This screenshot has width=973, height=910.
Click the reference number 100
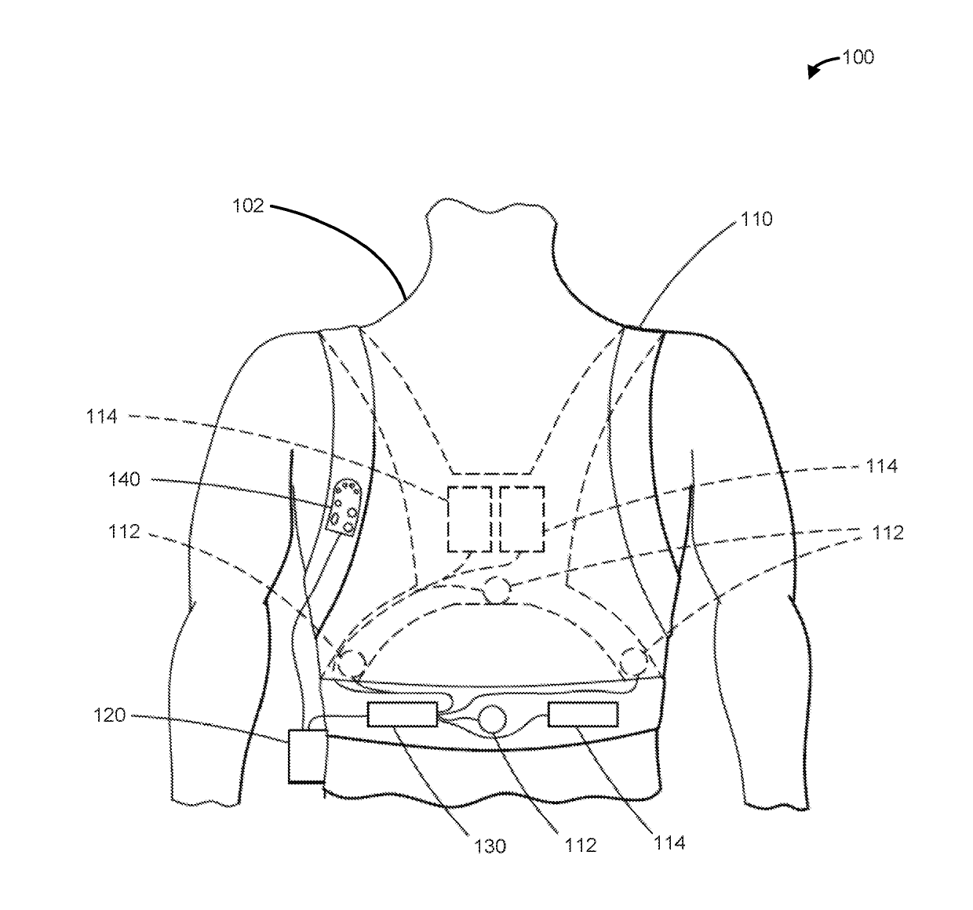(x=858, y=57)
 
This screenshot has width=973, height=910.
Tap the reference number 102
(x=248, y=208)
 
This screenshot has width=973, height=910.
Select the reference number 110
(x=756, y=220)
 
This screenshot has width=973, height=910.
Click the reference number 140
(x=124, y=479)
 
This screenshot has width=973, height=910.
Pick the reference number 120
(x=109, y=715)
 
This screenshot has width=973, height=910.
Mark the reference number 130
(x=490, y=846)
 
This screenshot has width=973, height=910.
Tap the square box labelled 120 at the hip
(x=307, y=755)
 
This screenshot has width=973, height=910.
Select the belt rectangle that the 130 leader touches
(x=402, y=715)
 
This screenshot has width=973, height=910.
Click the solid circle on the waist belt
(x=494, y=719)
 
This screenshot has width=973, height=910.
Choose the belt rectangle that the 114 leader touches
(x=583, y=715)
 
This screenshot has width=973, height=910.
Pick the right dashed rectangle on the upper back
(x=522, y=518)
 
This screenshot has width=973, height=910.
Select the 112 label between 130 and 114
(x=581, y=845)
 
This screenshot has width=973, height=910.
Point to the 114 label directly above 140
(x=102, y=417)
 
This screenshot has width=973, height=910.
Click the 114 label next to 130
(x=669, y=843)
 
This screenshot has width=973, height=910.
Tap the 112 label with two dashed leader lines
(x=887, y=533)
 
